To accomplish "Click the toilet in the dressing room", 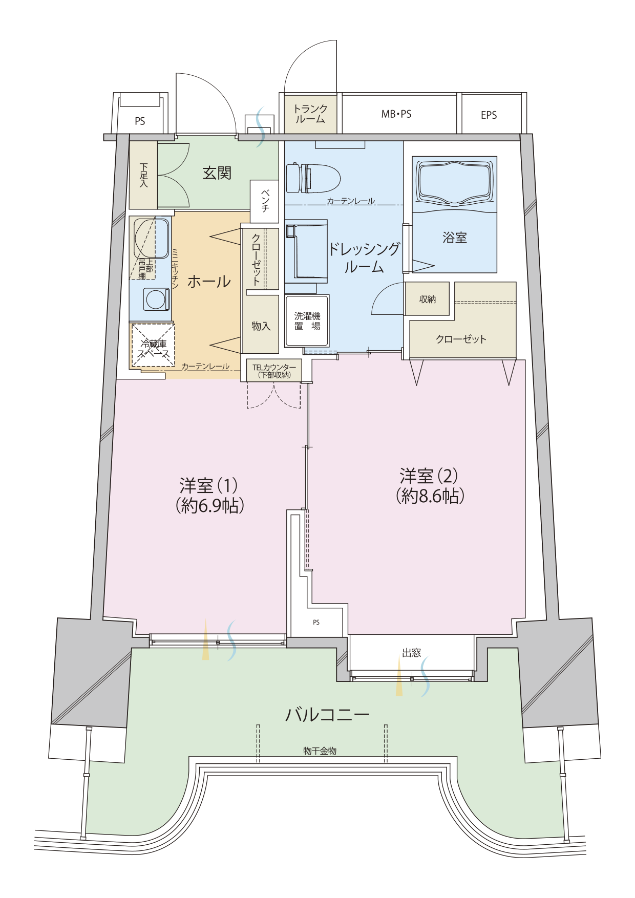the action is pos(313,178).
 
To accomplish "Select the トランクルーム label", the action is pos(310,114).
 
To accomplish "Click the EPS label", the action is pos(489,115).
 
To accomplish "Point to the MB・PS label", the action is pos(396,114).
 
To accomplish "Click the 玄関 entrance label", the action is pos(217,173).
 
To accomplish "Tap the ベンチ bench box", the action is pos(265,201).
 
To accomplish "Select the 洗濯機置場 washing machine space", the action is pos(307,321).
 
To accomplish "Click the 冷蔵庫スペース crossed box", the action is pos(153,345).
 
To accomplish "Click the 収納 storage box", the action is pos(427,299).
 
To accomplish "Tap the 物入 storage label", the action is pos(261,326).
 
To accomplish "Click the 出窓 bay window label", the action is pos(412,653).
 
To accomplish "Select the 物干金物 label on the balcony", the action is pos(320,751).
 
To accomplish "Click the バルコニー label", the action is pos(327,714).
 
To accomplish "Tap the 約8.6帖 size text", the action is pos(430,496).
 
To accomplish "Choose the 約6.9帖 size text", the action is pos(209,506).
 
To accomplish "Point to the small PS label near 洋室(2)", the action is pos(316,623).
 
